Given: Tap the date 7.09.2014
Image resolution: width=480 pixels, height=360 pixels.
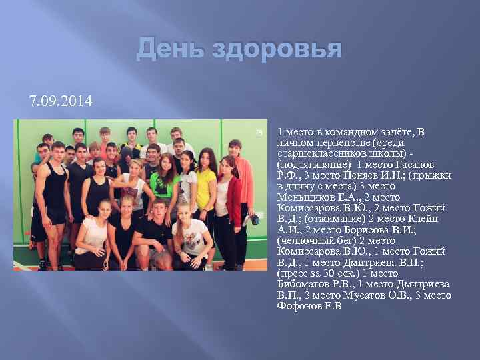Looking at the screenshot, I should (61, 102).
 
